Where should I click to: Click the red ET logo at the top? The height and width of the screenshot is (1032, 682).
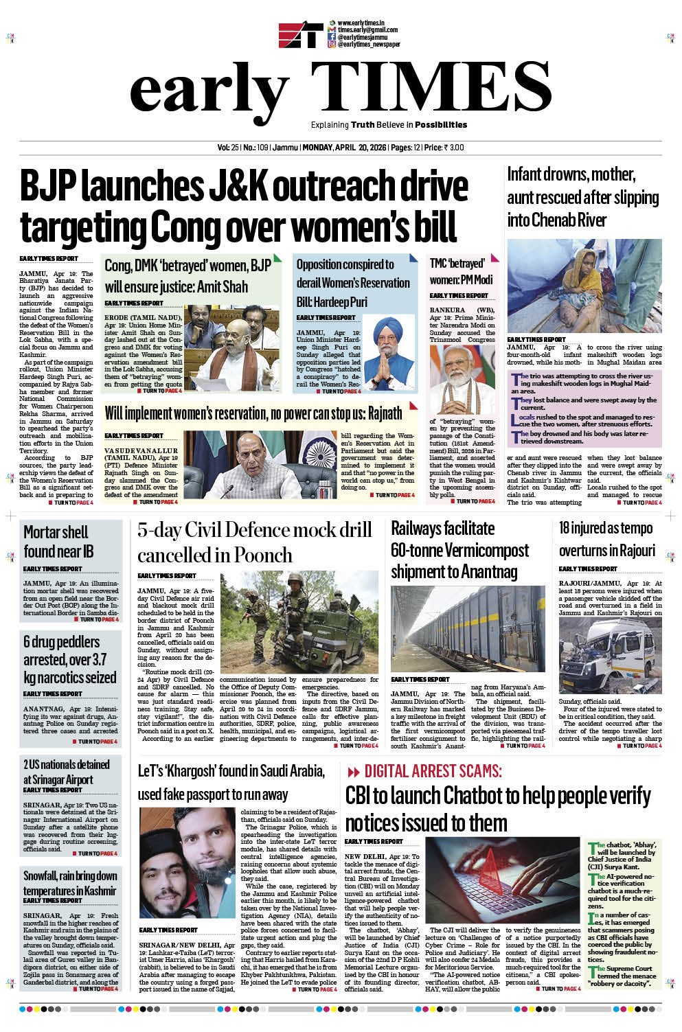click(x=300, y=36)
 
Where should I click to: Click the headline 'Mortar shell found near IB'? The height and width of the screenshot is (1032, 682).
click(x=56, y=542)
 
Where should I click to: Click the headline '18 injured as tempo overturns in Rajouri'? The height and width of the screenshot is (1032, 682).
click(x=607, y=540)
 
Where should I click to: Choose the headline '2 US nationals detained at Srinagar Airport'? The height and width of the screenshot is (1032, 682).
click(x=67, y=772)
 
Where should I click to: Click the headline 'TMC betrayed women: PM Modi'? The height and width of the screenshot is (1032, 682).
click(x=462, y=272)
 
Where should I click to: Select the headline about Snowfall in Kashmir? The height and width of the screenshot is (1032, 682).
click(x=70, y=883)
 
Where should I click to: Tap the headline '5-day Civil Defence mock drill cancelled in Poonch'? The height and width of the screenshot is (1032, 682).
click(x=254, y=542)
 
